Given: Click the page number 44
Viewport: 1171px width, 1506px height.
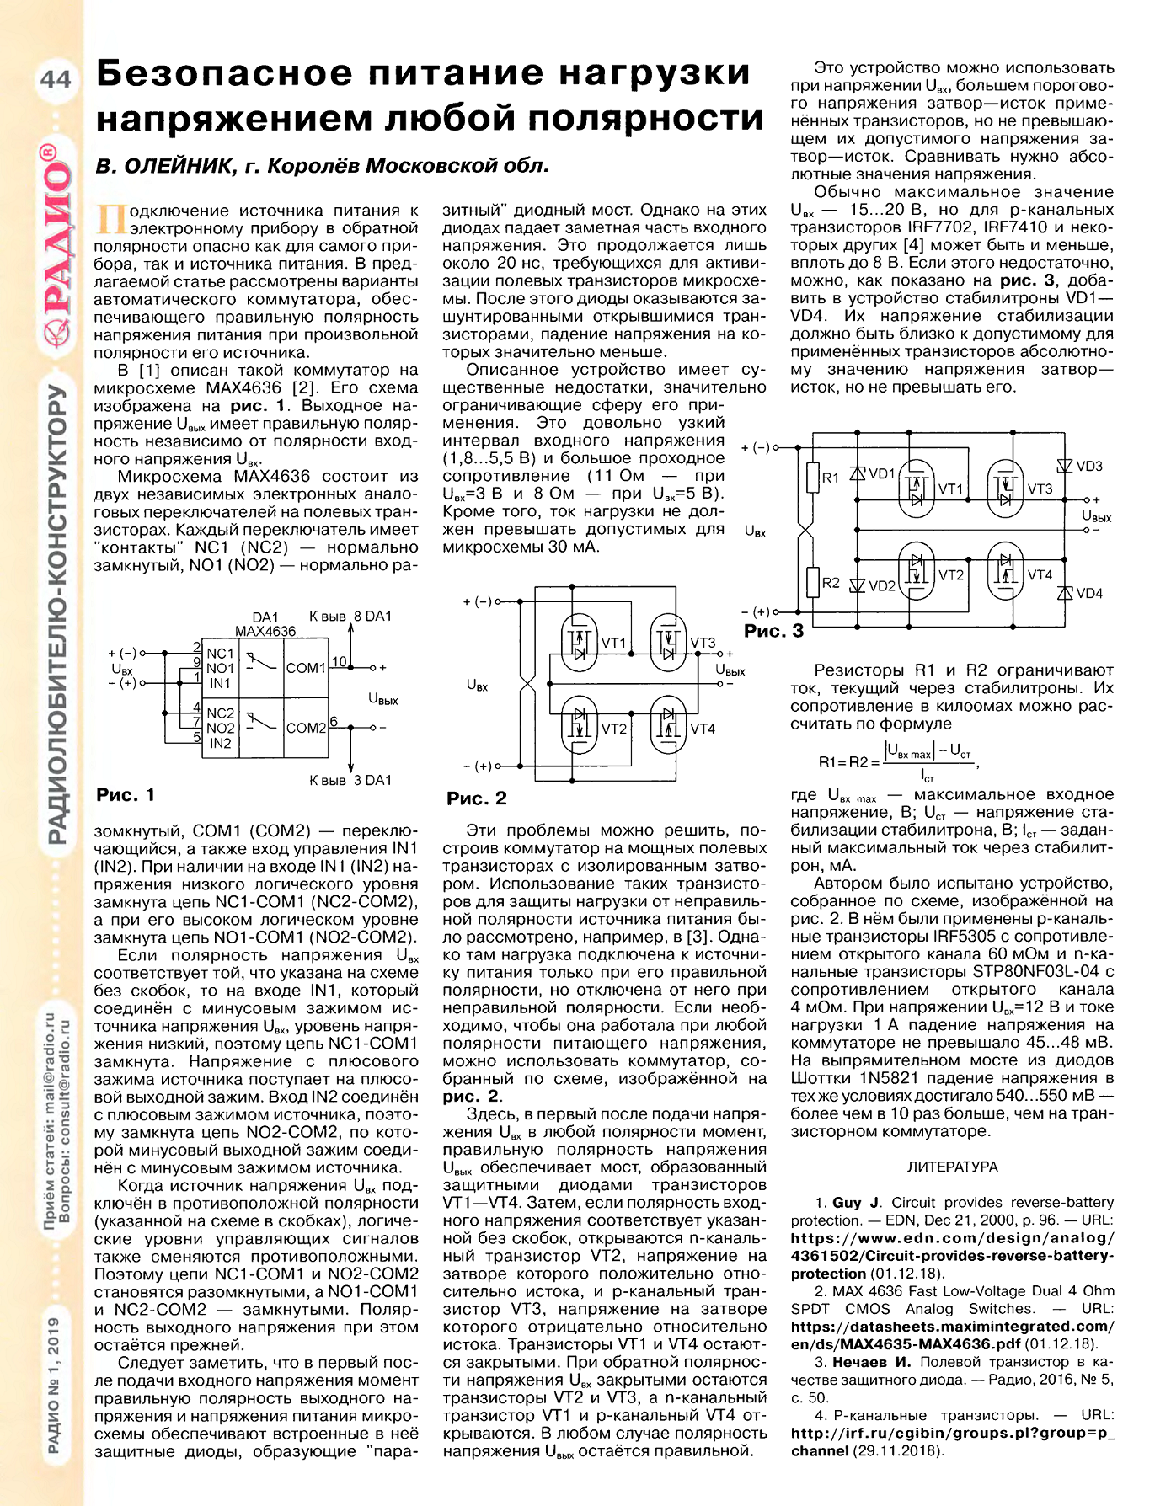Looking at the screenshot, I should [56, 78].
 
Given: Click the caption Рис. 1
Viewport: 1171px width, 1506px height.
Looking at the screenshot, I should [126, 794].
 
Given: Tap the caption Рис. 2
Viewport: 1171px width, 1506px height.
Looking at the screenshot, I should [476, 798].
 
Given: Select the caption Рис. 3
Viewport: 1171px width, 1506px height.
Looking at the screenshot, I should [773, 631].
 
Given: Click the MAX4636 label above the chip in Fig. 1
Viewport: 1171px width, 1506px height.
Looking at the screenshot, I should [265, 631].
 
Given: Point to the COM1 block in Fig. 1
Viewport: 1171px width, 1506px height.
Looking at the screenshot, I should [306, 668].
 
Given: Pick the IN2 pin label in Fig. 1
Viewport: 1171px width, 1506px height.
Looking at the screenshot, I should [220, 743].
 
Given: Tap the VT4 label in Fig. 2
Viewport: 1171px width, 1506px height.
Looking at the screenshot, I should [703, 729].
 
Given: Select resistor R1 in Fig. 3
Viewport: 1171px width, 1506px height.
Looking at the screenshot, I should [813, 478].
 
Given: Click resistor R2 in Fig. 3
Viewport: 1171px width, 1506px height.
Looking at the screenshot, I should [813, 582].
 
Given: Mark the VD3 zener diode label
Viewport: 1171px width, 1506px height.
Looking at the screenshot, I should [1089, 467].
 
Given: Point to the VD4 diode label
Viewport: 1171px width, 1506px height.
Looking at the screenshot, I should [1089, 594].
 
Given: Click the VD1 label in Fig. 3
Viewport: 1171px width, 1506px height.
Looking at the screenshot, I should [881, 474].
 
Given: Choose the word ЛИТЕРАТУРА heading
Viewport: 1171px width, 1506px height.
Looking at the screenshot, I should [952, 1167].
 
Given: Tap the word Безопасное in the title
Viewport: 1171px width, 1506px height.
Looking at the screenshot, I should [224, 74].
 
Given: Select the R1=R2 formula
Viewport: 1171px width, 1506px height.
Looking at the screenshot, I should [897, 761].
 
